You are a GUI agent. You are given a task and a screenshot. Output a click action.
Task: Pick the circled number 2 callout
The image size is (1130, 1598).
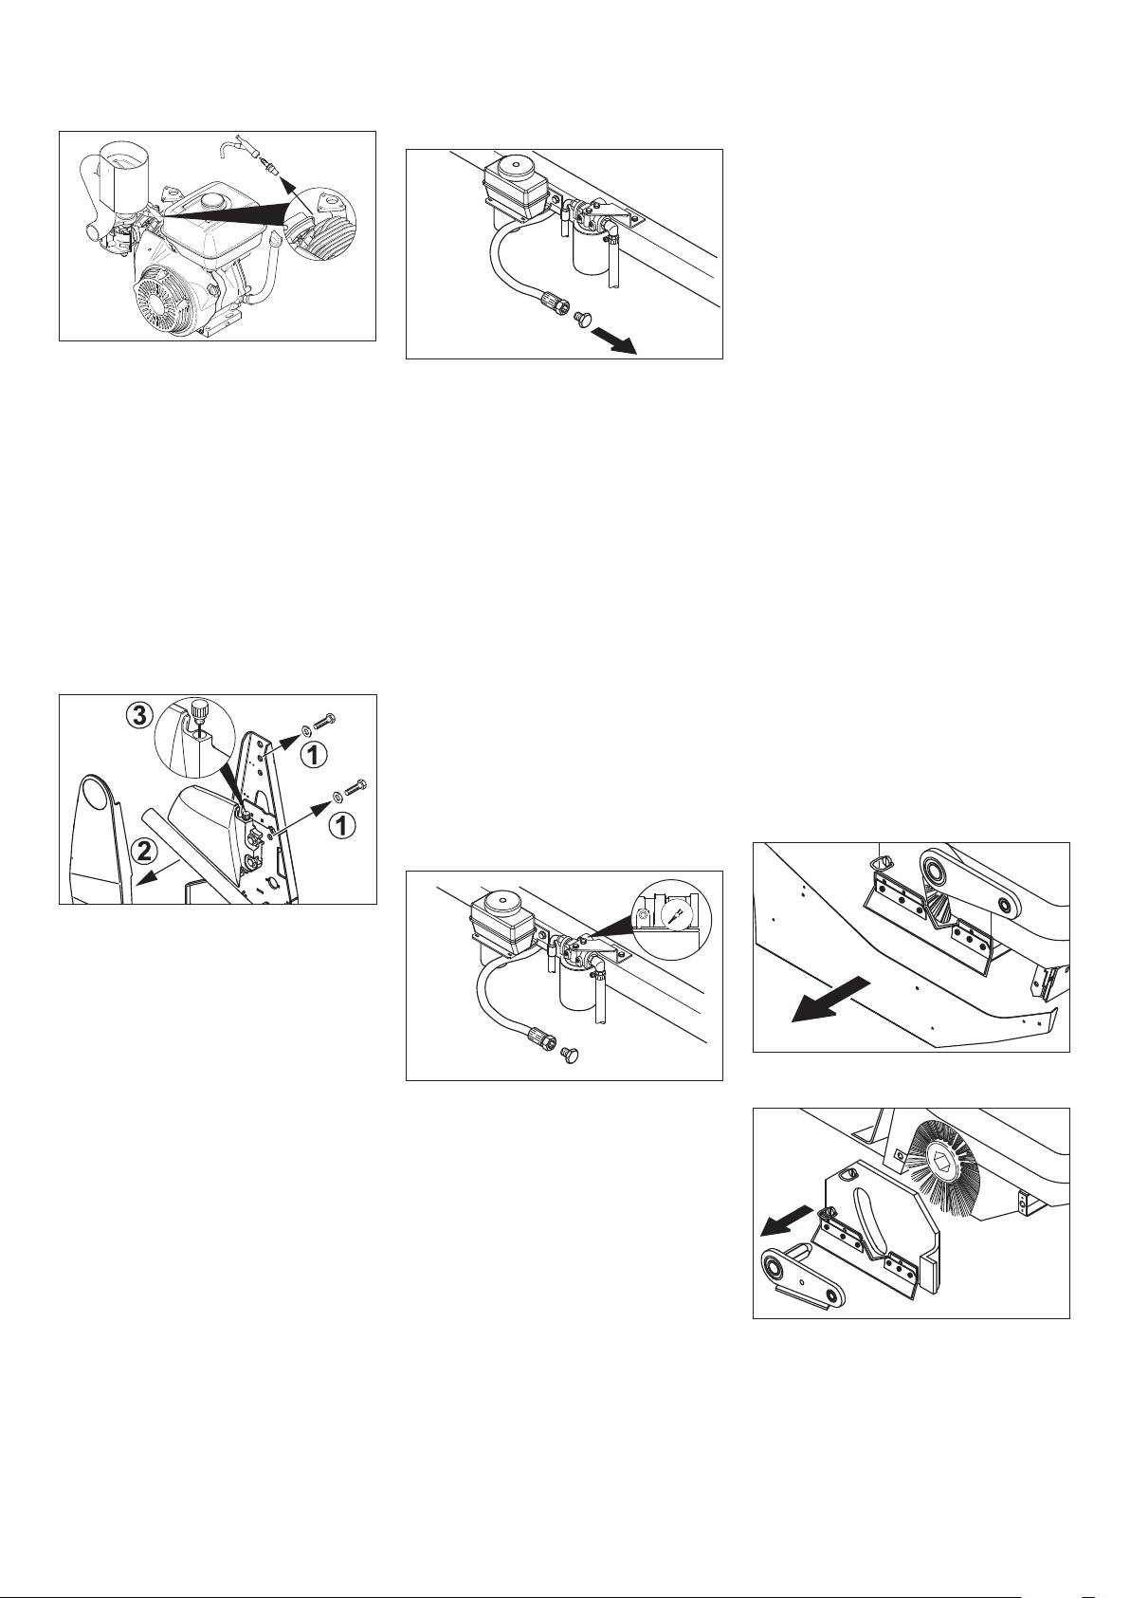pos(144,851)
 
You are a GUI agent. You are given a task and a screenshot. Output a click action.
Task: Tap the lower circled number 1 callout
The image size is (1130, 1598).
pos(341,825)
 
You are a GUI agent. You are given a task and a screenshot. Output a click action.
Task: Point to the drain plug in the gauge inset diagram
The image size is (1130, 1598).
pos(568,1052)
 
